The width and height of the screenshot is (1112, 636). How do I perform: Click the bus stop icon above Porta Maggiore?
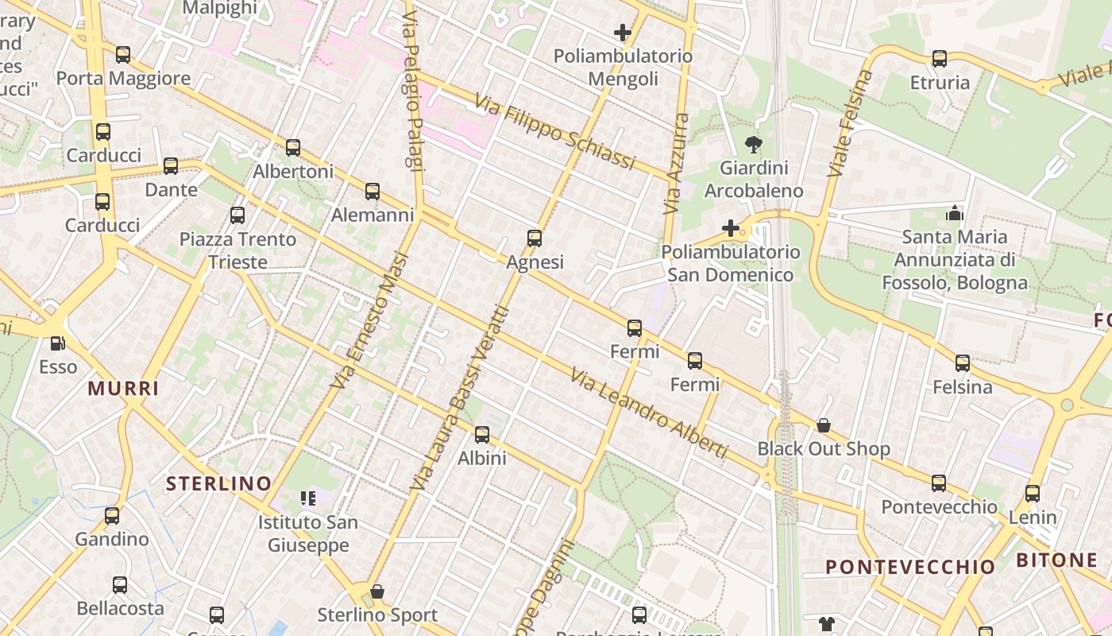123,55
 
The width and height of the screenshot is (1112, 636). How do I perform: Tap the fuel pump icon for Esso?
58,343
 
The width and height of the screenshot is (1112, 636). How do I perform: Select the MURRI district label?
123,388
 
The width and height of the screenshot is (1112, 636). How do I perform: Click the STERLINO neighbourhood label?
218,483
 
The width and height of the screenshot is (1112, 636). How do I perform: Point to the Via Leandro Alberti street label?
648,413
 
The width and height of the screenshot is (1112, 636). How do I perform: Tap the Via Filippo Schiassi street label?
556,132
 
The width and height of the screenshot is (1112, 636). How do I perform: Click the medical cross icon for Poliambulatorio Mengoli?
623,33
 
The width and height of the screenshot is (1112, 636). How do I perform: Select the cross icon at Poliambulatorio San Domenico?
730,229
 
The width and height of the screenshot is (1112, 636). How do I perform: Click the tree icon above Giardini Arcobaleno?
754,144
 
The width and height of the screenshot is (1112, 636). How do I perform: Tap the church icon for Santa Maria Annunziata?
954,213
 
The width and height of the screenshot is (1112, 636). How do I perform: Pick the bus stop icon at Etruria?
940,59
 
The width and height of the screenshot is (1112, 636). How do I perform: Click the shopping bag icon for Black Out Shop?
824,425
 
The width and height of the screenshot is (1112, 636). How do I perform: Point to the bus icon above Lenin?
1033,493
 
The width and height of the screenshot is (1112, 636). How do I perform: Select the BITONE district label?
1056,560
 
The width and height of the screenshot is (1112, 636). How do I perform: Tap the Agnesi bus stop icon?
535,238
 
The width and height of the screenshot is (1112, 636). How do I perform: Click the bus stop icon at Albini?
482,435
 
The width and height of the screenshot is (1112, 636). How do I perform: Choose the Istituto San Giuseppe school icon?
308,498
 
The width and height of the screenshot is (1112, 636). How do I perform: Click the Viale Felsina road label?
850,123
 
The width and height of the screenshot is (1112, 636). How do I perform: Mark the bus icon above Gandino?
112,515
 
